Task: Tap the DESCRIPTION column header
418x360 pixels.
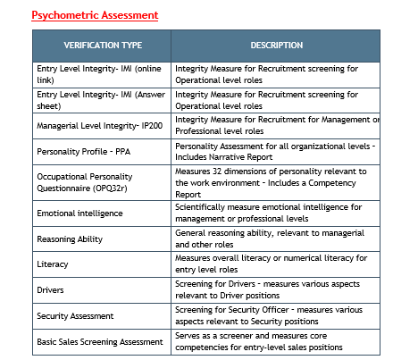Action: [x=275, y=45]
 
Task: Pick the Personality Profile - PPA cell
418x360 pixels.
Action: [x=83, y=151]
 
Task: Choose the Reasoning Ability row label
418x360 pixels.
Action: [x=70, y=239]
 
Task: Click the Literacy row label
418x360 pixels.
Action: [x=53, y=264]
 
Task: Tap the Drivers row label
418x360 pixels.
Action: [x=51, y=289]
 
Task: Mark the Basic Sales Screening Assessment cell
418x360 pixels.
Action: [x=99, y=340]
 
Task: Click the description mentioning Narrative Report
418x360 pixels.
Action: [x=276, y=151]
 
